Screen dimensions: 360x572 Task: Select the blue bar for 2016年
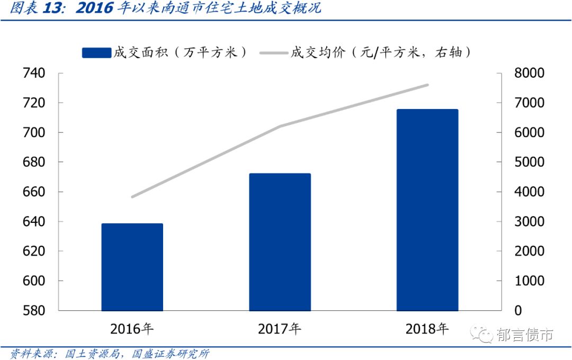[132, 267]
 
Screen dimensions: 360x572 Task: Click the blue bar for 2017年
[280, 242]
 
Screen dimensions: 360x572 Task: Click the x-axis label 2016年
[132, 329]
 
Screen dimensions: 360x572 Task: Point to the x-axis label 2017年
[280, 329]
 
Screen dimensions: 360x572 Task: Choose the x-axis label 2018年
[427, 329]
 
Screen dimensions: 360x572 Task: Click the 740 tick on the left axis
[34, 73]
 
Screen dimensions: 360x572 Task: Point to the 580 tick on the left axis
[34, 310]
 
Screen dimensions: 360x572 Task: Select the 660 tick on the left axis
[34, 192]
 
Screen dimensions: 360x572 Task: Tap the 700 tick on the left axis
[34, 132]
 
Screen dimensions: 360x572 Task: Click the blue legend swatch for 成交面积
[96, 52]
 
